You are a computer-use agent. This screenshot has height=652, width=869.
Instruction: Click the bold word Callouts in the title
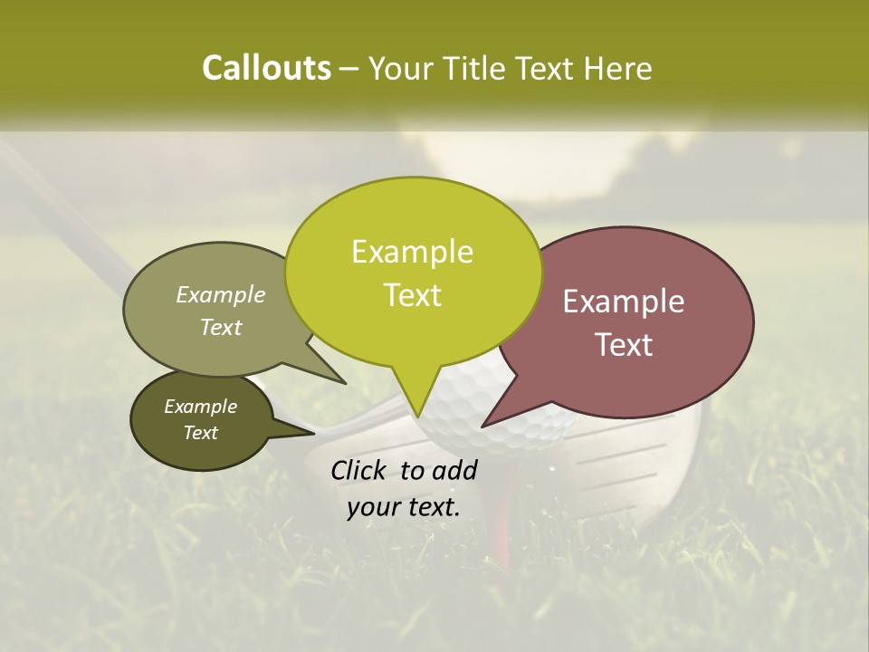pyautogui.click(x=266, y=68)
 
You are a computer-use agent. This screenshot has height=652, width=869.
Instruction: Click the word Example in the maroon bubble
pyautogui.click(x=624, y=302)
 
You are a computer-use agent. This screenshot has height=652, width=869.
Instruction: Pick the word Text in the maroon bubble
pyautogui.click(x=624, y=345)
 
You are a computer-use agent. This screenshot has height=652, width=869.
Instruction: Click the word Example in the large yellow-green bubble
pyautogui.click(x=412, y=252)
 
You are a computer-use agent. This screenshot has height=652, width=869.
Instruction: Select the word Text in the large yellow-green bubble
pyautogui.click(x=412, y=295)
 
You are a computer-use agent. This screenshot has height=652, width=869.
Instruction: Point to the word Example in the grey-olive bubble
pyautogui.click(x=220, y=295)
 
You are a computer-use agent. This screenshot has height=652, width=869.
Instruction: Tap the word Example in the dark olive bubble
pyautogui.click(x=200, y=407)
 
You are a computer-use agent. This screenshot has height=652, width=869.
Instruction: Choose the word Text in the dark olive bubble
pyautogui.click(x=200, y=433)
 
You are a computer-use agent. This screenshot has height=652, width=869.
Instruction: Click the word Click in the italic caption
pyautogui.click(x=360, y=470)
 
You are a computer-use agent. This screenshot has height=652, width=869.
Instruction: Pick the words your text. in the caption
pyautogui.click(x=404, y=507)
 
